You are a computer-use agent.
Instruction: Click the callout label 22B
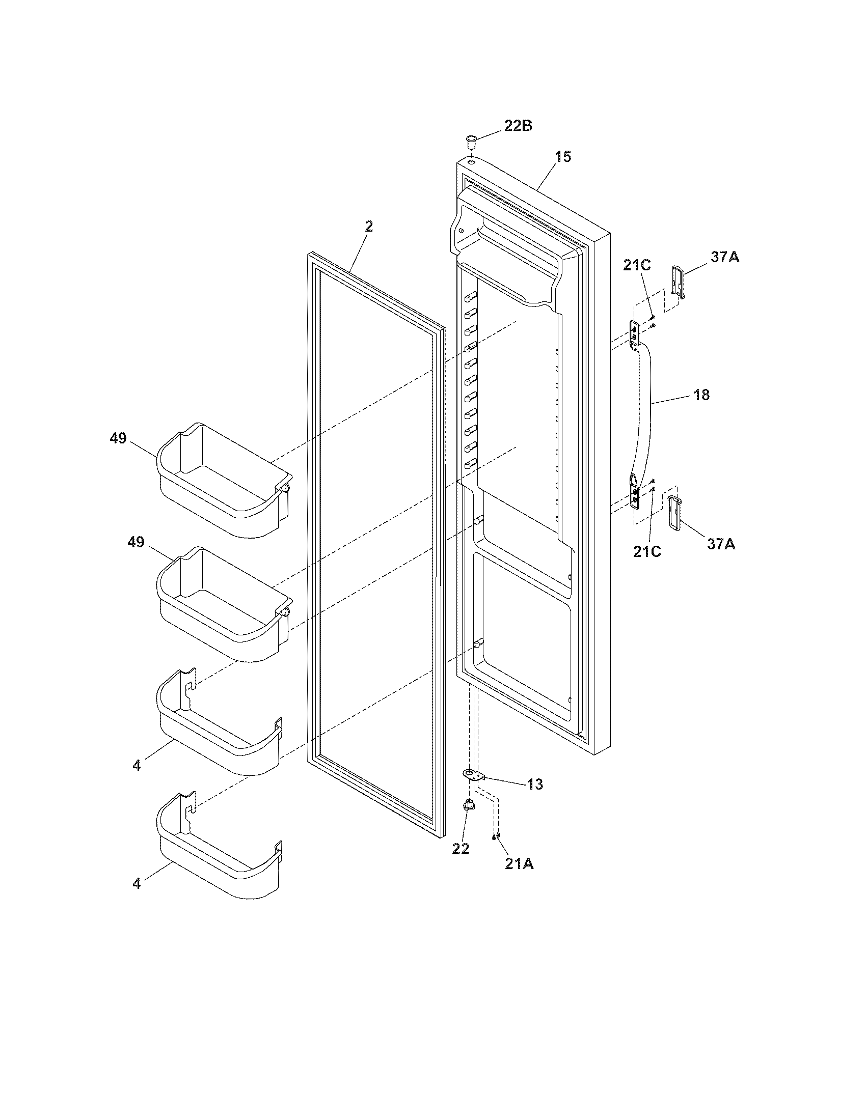click(518, 126)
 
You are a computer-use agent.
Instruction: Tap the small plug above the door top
click(471, 140)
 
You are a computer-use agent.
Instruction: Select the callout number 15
click(563, 157)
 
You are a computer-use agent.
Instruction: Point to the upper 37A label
click(725, 257)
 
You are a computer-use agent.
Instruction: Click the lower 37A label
click(721, 544)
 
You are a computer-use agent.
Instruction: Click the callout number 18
click(701, 395)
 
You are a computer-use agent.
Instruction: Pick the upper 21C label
click(637, 265)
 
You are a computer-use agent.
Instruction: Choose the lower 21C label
click(646, 551)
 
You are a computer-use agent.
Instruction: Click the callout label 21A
click(519, 863)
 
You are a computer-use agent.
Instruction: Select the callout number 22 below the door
click(460, 849)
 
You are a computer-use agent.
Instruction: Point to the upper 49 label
click(118, 438)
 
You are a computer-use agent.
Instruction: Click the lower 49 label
click(136, 542)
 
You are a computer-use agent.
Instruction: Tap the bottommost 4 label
click(136, 884)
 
